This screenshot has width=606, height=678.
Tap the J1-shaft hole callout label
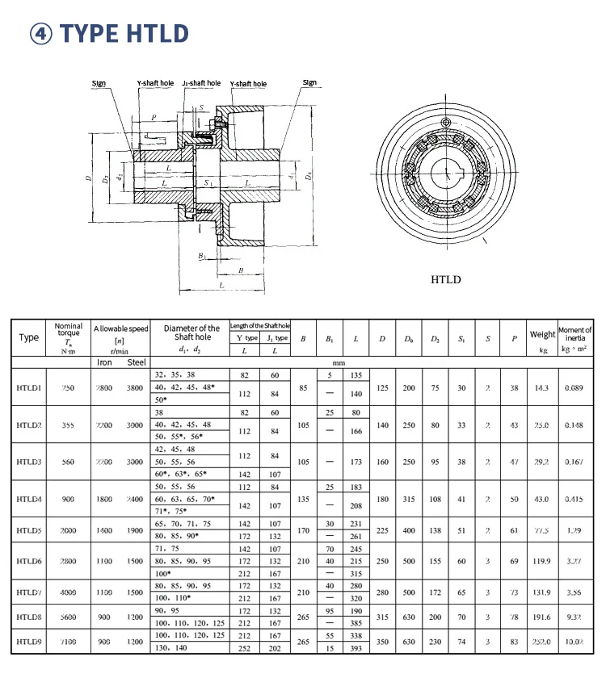coord(201,83)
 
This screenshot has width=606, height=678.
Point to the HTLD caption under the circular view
coord(446,280)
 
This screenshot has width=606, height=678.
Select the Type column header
coord(28,337)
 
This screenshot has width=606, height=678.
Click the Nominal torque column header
coord(69,337)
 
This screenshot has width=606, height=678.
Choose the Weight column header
coord(542,334)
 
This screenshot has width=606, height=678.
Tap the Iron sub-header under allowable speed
coord(104,362)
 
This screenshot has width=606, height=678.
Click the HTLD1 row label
coord(29,388)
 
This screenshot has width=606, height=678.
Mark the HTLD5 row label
coord(29,531)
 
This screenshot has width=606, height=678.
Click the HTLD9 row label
coord(29,642)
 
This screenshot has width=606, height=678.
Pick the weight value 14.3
coord(541,388)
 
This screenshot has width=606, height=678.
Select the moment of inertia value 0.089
coord(574,388)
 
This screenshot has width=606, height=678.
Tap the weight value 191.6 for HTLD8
coord(541,616)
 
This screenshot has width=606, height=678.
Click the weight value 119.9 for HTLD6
coord(541,561)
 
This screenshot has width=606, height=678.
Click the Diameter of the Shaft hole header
coord(191,333)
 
